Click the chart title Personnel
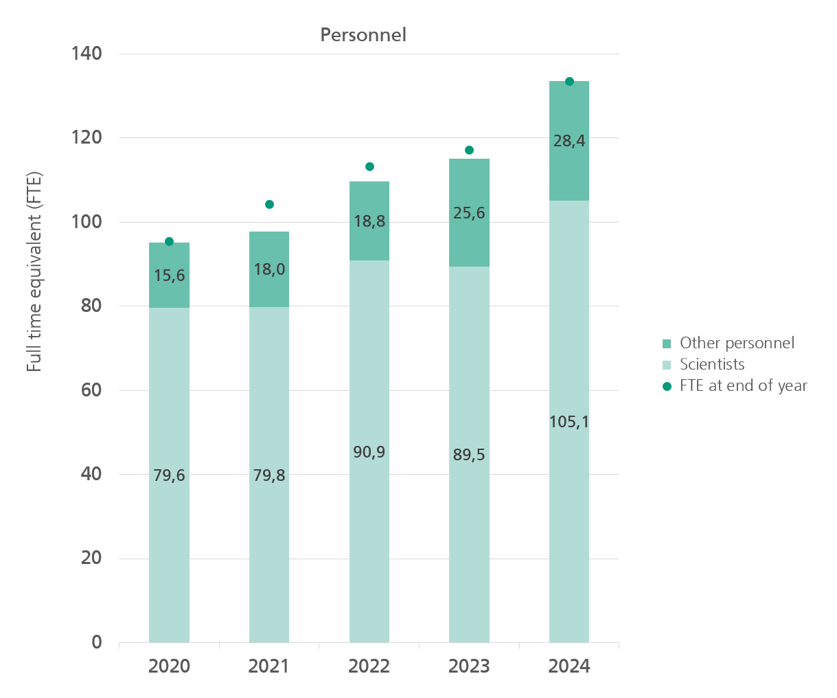[x=363, y=35]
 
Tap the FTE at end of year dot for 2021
[x=269, y=204]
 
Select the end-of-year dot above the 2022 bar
[x=369, y=166]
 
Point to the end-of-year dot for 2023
[x=469, y=150]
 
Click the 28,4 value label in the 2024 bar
[x=569, y=141]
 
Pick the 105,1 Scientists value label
[x=569, y=422]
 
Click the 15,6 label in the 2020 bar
[x=169, y=275]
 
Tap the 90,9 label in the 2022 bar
[x=369, y=452]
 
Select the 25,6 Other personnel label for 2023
[x=469, y=213]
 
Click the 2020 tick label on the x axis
[x=169, y=666]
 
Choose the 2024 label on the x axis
[x=569, y=666]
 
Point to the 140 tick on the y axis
[x=87, y=54]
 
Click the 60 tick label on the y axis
[x=91, y=390]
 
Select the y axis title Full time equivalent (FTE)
[x=34, y=272]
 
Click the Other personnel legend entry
[x=737, y=343]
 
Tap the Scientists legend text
[x=712, y=364]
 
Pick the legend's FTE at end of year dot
[x=667, y=386]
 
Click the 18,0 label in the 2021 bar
[x=269, y=269]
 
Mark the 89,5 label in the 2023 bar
[x=469, y=455]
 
